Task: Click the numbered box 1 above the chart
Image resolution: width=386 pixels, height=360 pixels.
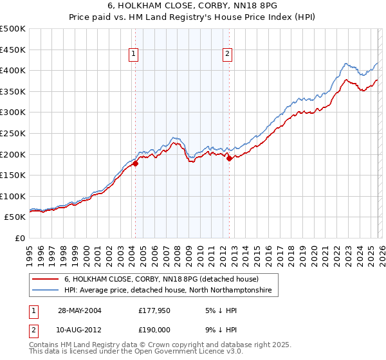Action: tap(134, 55)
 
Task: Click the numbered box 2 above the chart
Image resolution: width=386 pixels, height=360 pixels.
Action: tap(228, 55)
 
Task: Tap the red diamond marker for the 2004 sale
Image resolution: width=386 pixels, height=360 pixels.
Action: tap(136, 164)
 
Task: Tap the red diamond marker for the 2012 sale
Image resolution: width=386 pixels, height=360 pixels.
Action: tap(229, 159)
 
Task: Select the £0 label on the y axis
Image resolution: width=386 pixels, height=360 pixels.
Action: tap(19, 238)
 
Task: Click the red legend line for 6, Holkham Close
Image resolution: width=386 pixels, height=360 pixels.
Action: tap(46, 280)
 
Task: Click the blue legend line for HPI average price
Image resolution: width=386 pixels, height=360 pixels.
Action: tap(46, 291)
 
